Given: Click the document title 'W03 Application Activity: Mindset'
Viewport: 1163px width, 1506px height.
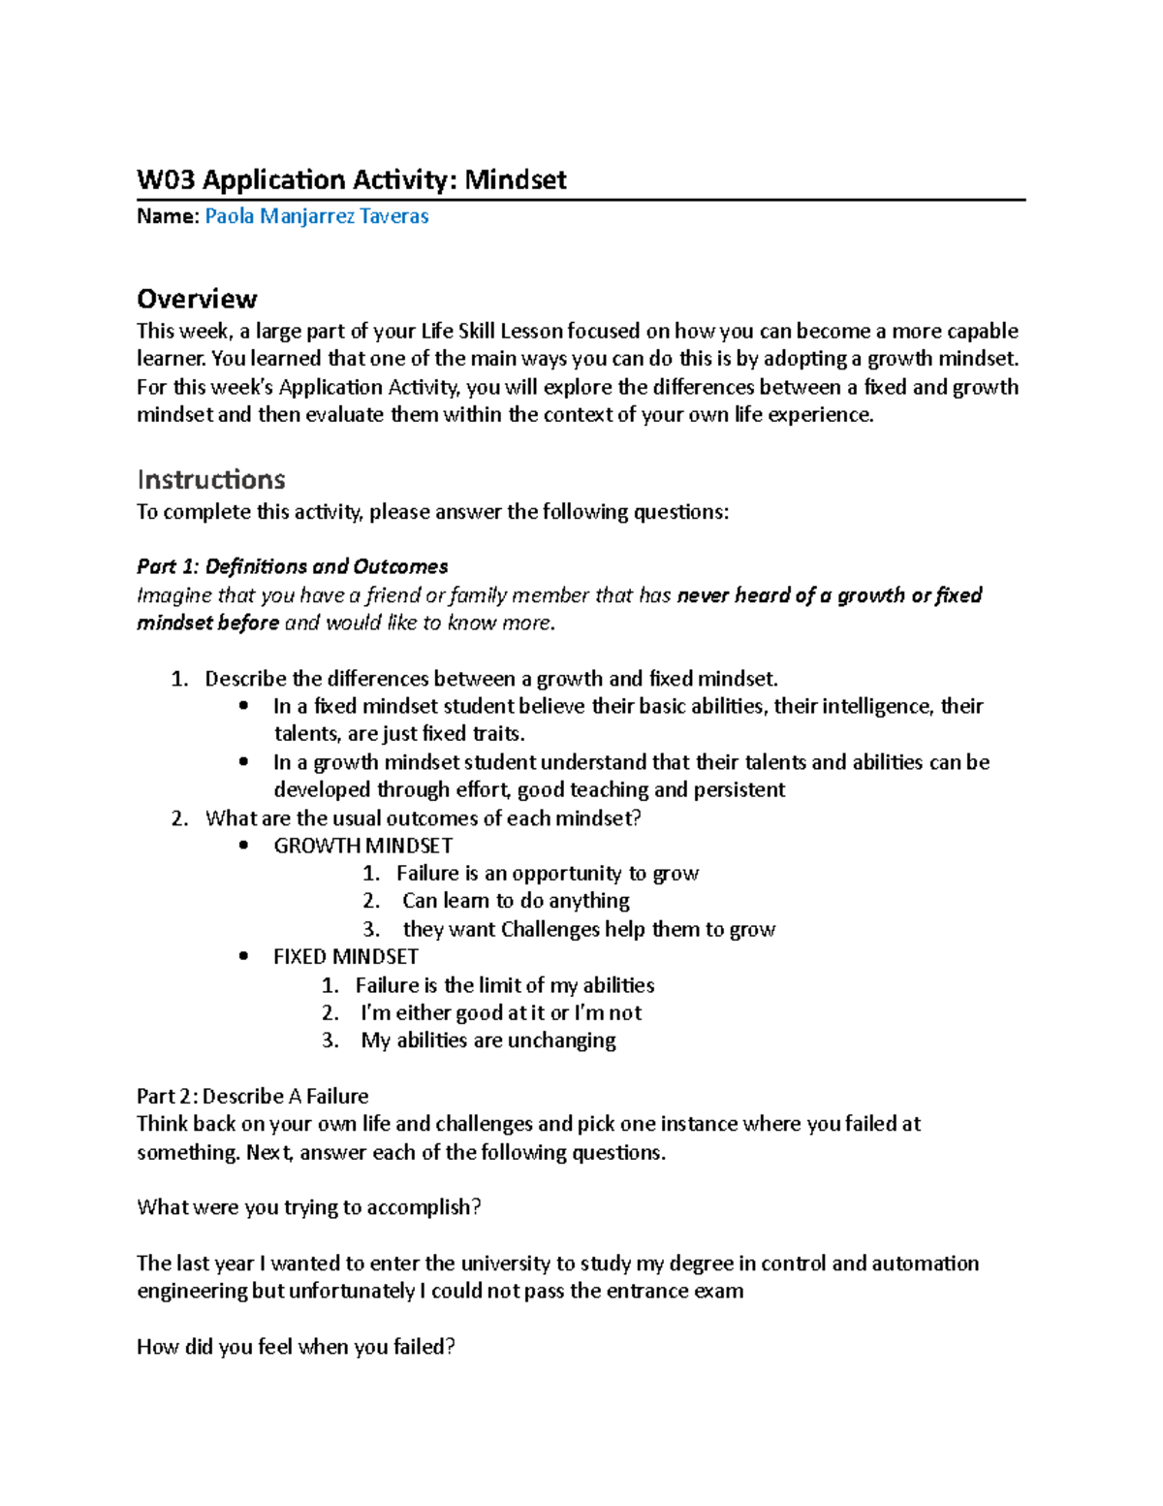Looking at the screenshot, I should coord(351,179).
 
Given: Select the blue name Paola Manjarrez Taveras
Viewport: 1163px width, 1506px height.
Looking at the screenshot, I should coord(317,216).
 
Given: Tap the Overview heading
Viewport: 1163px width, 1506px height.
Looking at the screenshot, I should coord(197,298).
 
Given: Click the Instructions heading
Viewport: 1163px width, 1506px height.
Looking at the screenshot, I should coord(210,479).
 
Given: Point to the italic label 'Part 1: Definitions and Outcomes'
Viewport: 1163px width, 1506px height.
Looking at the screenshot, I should coord(292,566).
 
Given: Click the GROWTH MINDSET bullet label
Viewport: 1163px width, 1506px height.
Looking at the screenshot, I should coord(362,846).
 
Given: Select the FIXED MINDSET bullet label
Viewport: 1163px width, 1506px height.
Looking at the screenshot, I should coord(345,956).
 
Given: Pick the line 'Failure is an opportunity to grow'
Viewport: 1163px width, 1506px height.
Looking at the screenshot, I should coord(547,874).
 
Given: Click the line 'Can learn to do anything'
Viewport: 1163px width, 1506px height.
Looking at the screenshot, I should coord(516,901).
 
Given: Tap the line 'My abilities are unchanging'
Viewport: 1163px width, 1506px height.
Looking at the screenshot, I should coord(487,1041).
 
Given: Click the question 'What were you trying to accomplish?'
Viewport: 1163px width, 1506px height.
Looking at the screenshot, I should coord(309,1207).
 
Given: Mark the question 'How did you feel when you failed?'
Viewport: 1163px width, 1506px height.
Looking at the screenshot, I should coord(296,1347).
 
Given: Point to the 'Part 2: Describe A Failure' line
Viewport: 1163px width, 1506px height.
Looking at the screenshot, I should coord(252,1096).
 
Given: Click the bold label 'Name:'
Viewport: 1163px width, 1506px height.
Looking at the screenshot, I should coord(168,216).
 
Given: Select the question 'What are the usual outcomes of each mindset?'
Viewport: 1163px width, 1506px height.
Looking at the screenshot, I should coord(423,817).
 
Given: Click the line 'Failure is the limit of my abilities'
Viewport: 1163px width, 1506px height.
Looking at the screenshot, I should coord(504,985).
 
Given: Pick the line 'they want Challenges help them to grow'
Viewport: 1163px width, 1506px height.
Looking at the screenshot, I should coord(588,929).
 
